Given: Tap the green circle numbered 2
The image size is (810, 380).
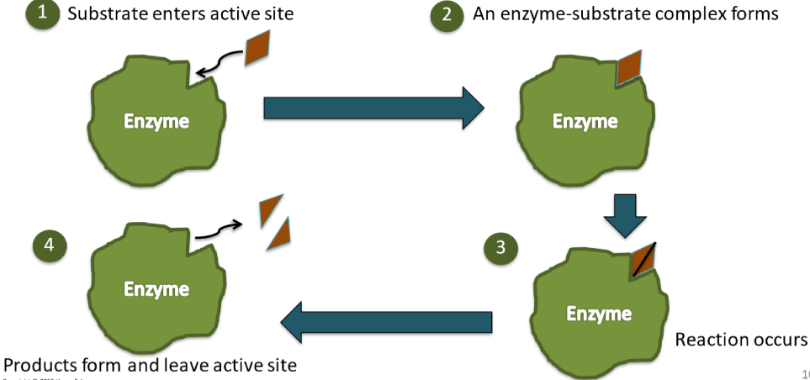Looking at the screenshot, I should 446,15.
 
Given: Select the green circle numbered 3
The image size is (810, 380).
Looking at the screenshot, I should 500,247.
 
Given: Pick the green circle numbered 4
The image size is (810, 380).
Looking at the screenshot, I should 49,245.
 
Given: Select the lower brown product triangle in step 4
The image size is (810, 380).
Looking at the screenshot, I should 279,234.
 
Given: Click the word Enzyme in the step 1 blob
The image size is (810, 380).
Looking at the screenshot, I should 156,121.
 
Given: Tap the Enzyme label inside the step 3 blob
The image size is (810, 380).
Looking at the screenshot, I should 598,314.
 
